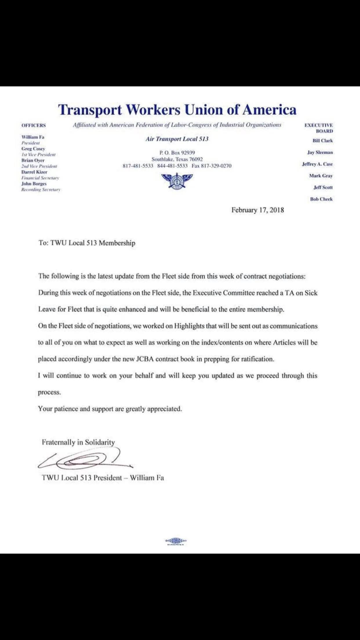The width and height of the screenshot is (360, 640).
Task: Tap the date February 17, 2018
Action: tap(257, 210)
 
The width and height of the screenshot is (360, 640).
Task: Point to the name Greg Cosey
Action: tap(33, 149)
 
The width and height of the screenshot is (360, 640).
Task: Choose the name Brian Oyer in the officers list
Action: tap(33, 160)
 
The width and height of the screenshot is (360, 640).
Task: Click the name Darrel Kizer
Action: tap(34, 172)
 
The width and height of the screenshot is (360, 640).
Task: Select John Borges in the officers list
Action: tap(34, 183)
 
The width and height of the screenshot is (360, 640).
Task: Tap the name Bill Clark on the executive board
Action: tap(323, 141)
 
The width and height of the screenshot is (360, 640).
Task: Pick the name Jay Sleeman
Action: tap(320, 152)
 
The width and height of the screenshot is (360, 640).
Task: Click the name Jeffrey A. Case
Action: tap(317, 164)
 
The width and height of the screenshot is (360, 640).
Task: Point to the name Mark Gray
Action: tap(321, 176)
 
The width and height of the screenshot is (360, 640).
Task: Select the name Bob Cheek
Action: tap(321, 199)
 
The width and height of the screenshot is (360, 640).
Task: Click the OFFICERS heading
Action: tap(34, 125)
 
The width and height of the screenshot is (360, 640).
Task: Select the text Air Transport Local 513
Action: tap(177, 139)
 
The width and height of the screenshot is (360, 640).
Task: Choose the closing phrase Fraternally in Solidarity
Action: tap(78, 442)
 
